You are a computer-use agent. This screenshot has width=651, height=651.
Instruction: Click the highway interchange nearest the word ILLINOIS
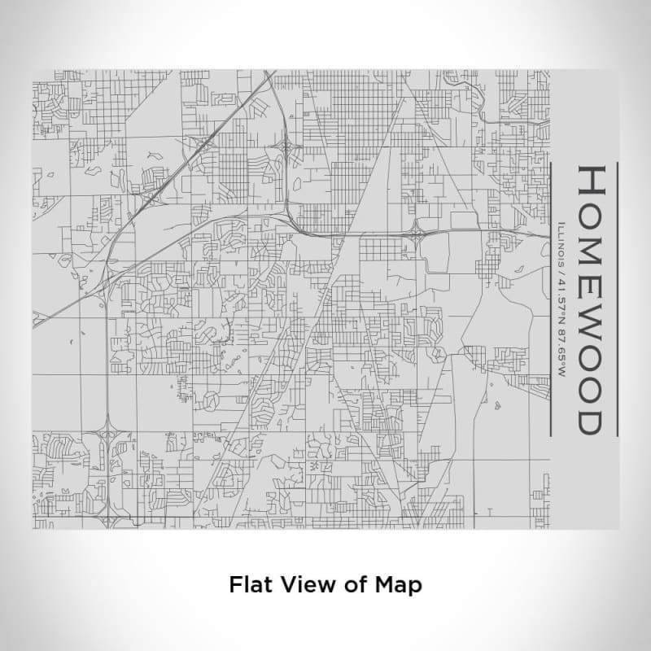(417, 236)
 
